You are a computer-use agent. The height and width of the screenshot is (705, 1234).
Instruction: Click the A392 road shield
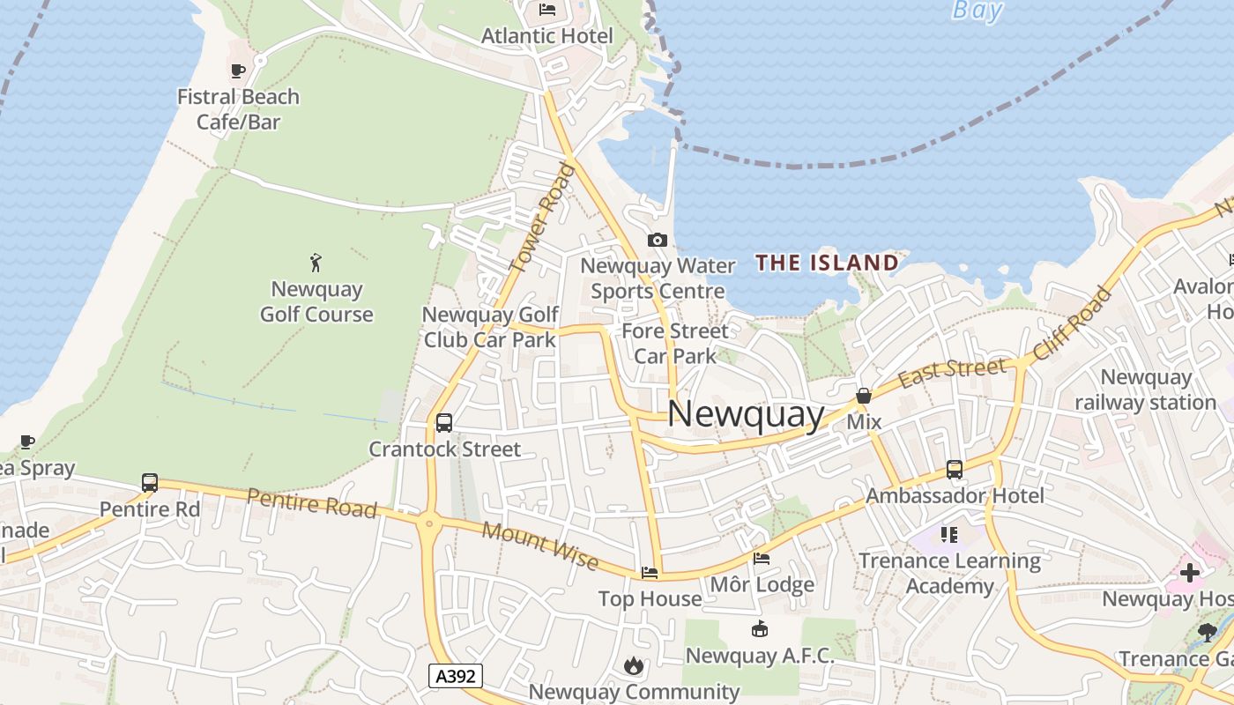(x=456, y=676)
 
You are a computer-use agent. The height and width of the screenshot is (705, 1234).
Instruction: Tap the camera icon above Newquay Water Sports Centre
(x=657, y=240)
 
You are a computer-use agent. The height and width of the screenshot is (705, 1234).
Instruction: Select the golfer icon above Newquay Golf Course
(x=316, y=262)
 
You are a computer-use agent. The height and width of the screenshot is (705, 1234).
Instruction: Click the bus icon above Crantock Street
(x=444, y=423)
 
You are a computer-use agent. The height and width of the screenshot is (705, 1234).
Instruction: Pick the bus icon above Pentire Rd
(x=150, y=483)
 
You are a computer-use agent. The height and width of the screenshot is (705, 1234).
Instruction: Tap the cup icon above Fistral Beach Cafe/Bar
(x=237, y=70)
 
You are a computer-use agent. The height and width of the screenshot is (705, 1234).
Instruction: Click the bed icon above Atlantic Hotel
(x=546, y=11)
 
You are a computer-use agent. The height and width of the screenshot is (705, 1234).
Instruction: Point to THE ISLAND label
(x=827, y=263)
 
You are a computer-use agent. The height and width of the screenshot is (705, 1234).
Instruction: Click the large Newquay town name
(x=746, y=414)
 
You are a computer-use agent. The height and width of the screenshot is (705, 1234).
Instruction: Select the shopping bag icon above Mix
(x=864, y=397)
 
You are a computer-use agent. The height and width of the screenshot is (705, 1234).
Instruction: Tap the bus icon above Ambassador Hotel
(x=955, y=470)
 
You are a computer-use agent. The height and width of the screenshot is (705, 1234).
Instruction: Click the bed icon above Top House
(x=650, y=573)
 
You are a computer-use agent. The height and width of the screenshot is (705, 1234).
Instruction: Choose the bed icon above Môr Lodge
(x=762, y=559)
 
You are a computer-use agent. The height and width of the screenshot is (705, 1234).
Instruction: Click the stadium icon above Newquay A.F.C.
(x=759, y=629)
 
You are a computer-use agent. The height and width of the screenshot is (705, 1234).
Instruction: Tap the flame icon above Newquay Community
(x=634, y=665)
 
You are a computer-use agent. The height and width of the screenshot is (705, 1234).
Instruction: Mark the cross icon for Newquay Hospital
(x=1190, y=574)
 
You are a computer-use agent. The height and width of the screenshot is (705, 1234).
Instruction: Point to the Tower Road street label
(x=540, y=219)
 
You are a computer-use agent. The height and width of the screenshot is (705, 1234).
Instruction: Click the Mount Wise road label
(x=540, y=546)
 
